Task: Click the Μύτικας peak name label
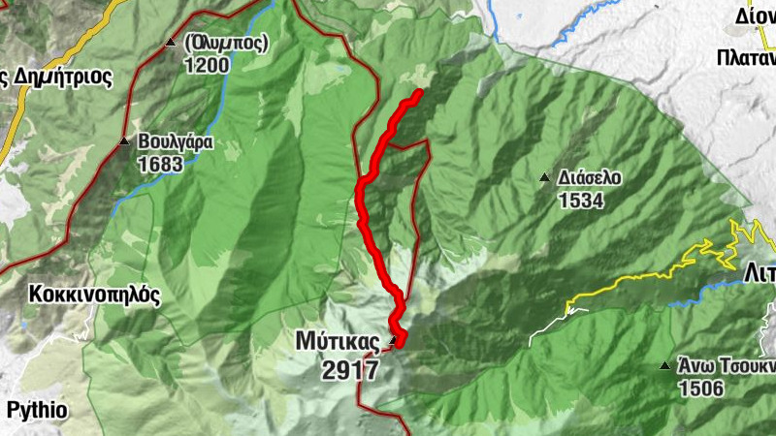click(x=338, y=341)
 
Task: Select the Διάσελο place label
click(x=590, y=178)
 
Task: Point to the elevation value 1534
click(x=581, y=202)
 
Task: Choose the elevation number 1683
click(x=160, y=165)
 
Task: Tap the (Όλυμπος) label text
click(x=225, y=43)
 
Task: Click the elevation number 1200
click(x=207, y=66)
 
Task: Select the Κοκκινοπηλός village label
click(x=94, y=295)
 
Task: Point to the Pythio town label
click(x=36, y=410)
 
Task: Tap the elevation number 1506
click(x=700, y=389)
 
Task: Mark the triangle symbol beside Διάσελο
click(x=543, y=178)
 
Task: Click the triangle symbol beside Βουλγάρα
click(x=123, y=141)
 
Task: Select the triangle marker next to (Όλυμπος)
click(x=171, y=43)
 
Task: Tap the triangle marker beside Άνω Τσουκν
click(x=664, y=366)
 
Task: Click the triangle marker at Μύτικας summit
click(x=393, y=341)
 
